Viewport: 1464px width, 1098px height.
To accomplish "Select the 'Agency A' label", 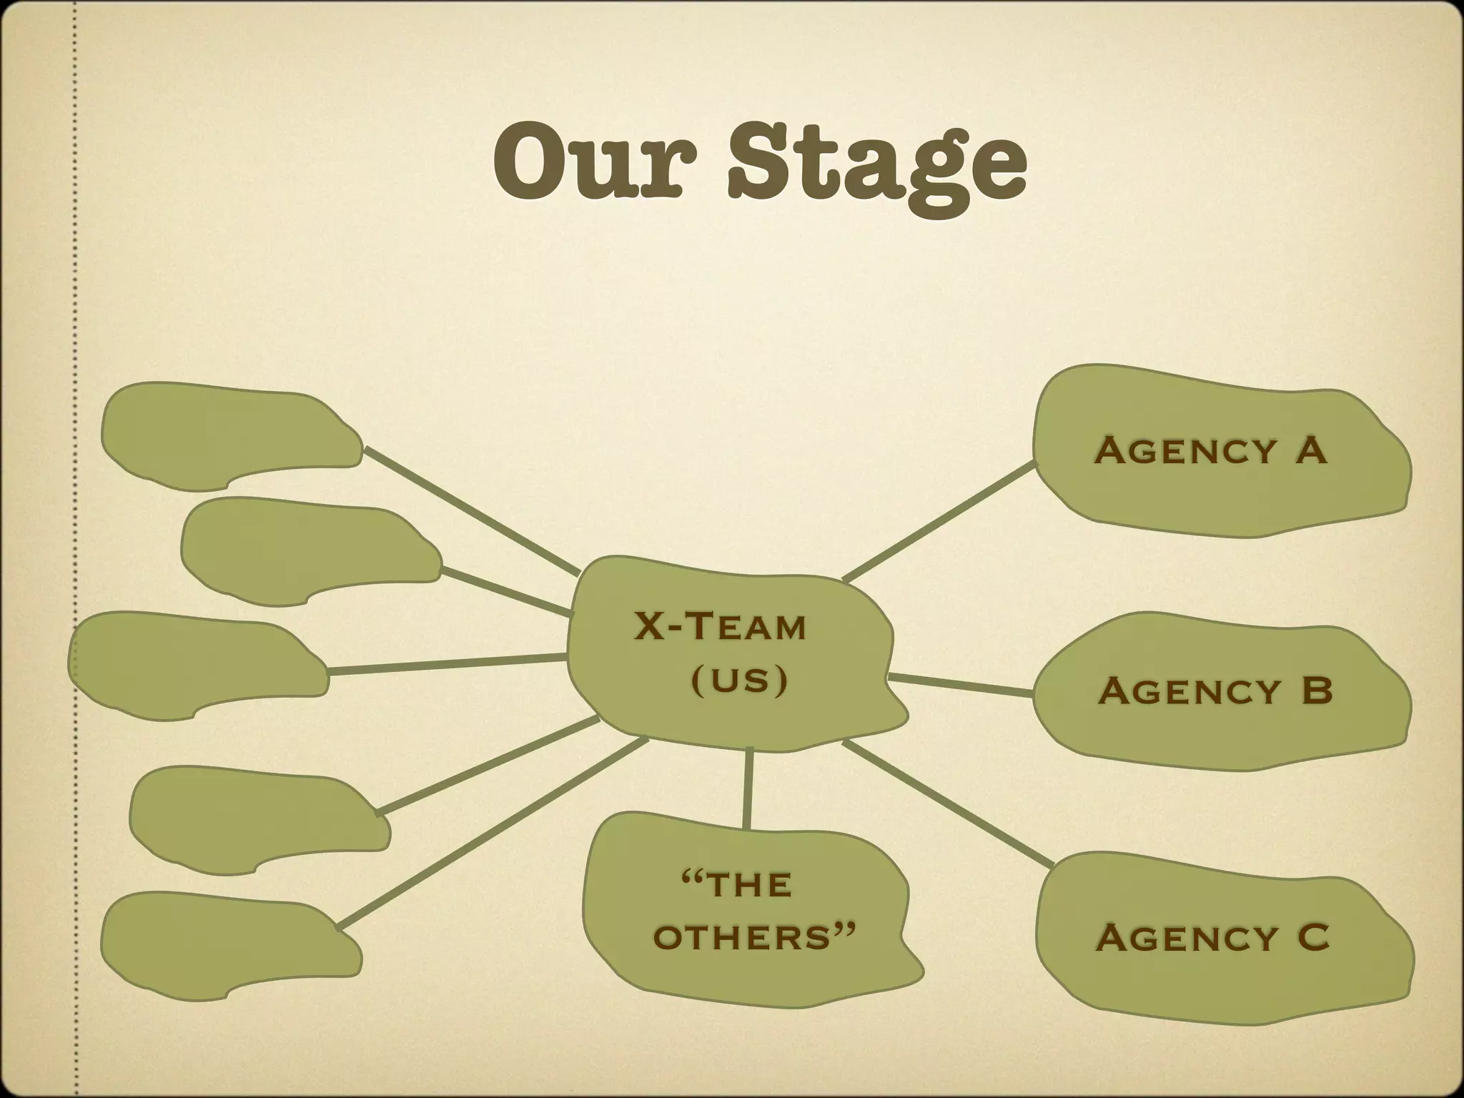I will [x=1211, y=451].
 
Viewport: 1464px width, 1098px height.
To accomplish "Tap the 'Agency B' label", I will [x=1216, y=691].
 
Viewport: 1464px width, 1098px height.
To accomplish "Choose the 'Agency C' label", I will [x=1212, y=937].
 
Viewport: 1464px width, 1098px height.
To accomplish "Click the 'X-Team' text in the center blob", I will [x=721, y=627].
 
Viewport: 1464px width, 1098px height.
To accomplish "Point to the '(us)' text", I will [x=739, y=680].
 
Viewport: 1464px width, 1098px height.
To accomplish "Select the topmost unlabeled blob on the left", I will [x=229, y=436].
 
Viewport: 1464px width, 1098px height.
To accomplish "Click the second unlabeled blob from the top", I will [x=307, y=550].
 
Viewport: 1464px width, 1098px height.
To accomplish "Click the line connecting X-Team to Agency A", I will [x=938, y=520].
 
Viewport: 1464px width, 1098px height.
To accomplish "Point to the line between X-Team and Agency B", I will [x=960, y=685].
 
